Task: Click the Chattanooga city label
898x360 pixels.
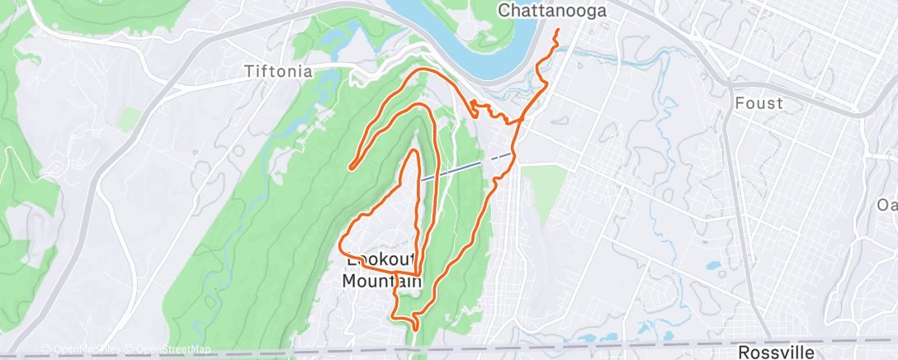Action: pyautogui.click(x=552, y=11)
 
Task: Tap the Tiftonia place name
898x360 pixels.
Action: pyautogui.click(x=278, y=72)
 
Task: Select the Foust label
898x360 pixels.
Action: pyautogui.click(x=759, y=103)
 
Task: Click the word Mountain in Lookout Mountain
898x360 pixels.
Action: pyautogui.click(x=382, y=281)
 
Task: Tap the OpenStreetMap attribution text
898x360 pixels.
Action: pyautogui.click(x=173, y=349)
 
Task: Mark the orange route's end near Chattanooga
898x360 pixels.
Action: pyautogui.click(x=556, y=31)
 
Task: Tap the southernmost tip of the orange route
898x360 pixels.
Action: pyautogui.click(x=414, y=328)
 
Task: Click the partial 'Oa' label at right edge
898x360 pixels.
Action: pyautogui.click(x=887, y=205)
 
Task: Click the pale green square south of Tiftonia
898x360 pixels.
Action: pyautogui.click(x=128, y=120)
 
